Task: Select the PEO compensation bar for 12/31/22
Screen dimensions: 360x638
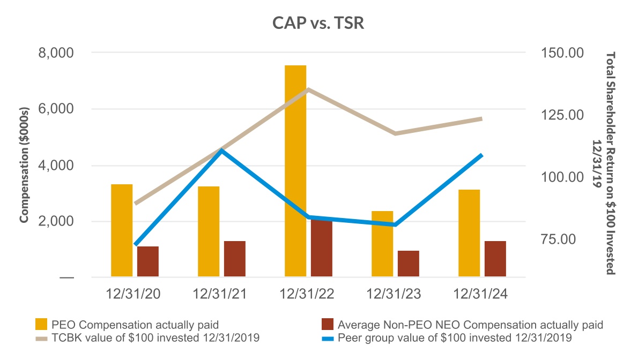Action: click(x=295, y=171)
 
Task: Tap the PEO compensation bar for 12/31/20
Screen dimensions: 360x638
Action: click(x=122, y=230)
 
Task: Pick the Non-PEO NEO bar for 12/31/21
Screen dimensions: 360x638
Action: click(x=234, y=259)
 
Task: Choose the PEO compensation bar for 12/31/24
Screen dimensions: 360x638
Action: click(x=469, y=233)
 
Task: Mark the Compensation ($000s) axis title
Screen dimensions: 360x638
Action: click(x=24, y=165)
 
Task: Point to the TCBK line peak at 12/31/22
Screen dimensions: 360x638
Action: click(x=308, y=89)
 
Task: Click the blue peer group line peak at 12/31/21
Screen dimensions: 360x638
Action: click(x=221, y=151)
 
